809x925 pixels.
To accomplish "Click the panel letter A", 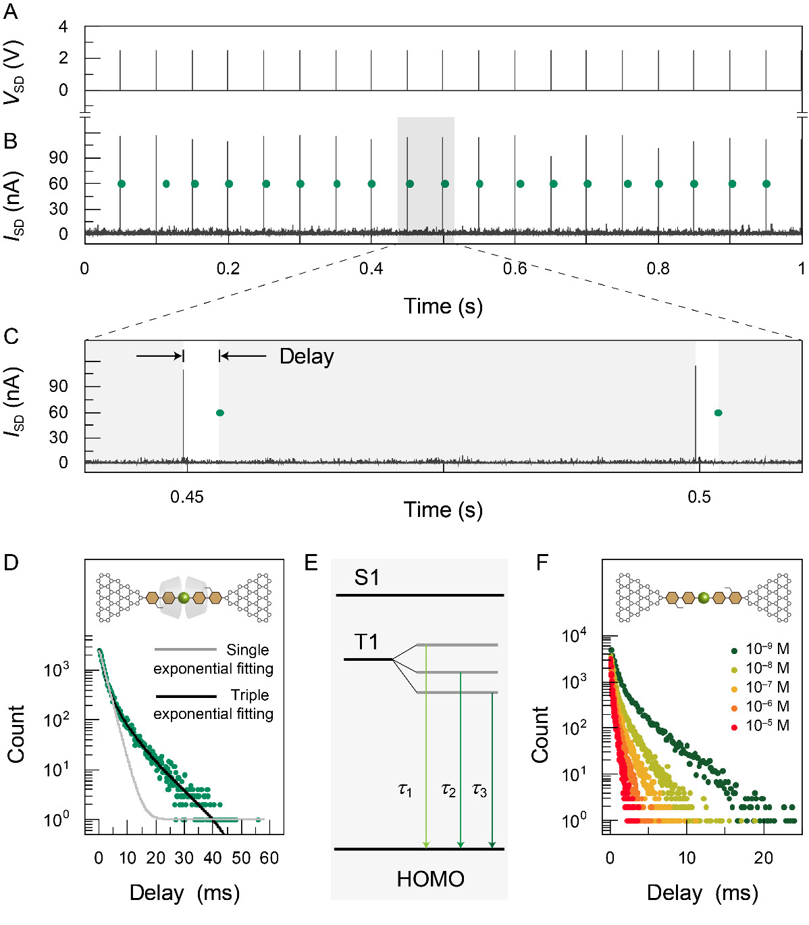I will point(10,12).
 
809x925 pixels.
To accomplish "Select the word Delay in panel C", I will point(307,356).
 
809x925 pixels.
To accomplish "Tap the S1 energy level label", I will point(367,578).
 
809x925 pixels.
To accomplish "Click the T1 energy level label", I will point(366,642).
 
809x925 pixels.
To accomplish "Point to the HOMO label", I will point(430,879).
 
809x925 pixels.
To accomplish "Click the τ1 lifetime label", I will point(404,789).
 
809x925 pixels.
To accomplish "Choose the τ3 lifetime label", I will point(479,789).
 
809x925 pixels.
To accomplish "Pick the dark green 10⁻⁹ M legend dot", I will point(734,650).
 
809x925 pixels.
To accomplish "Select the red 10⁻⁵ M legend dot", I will point(734,727).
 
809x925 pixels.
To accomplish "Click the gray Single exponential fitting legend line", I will point(186,650).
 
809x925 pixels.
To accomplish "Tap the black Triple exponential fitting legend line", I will point(186,696).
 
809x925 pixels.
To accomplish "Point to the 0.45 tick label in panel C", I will point(186,497).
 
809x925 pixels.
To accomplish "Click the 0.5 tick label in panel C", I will point(699,497).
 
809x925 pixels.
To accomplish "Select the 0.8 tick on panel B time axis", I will point(658,269).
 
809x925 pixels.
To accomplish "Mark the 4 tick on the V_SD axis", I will point(63,27).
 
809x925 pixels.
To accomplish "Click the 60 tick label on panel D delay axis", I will point(269,858).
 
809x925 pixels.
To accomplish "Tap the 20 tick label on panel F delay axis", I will point(764,858).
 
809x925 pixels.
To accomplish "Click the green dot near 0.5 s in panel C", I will point(718,413).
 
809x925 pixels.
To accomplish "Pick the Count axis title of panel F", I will point(540,735).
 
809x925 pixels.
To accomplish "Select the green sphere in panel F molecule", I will point(704,598).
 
